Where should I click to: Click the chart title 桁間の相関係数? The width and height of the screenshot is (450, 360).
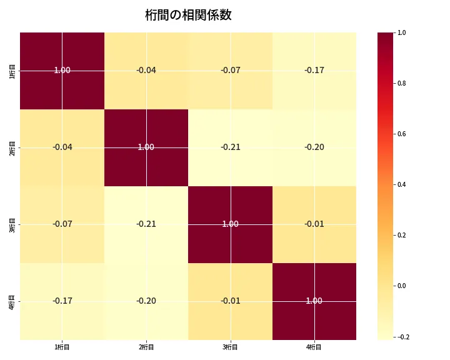[x=188, y=15]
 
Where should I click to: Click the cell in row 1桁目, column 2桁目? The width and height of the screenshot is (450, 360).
[x=146, y=70]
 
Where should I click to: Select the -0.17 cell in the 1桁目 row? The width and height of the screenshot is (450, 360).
[x=314, y=70]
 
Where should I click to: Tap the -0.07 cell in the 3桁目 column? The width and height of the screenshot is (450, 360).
[x=231, y=70]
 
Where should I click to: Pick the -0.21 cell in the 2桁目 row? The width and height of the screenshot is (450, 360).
[x=231, y=147]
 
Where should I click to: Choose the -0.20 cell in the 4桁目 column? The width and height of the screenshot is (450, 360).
[x=314, y=147]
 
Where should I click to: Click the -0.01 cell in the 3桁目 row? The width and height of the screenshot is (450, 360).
[x=314, y=224]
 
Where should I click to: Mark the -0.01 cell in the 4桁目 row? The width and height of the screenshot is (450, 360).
[x=231, y=301]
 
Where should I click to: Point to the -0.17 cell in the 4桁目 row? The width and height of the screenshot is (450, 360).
[x=62, y=301]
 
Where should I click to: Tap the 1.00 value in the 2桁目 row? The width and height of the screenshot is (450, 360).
[x=146, y=147]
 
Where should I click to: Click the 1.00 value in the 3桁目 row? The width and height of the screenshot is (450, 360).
[x=231, y=224]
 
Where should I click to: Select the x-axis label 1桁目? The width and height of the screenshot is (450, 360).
[x=62, y=347]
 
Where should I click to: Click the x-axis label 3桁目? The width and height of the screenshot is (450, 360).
[x=231, y=347]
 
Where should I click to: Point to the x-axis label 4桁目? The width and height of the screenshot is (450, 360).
[x=314, y=347]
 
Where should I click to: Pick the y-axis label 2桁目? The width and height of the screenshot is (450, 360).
[x=12, y=147]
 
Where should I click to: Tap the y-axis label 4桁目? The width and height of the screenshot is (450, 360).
[x=12, y=301]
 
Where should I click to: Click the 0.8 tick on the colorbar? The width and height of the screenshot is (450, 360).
[x=402, y=83]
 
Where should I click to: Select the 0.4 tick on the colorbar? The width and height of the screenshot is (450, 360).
[x=402, y=184]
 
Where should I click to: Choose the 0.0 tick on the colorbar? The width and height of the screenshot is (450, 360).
[x=402, y=286]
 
